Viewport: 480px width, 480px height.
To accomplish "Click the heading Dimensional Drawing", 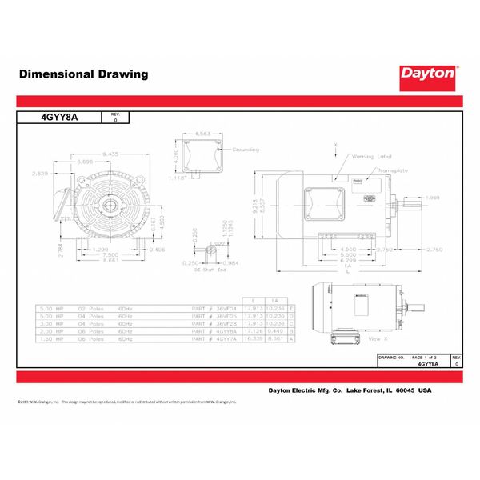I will pos(83,74).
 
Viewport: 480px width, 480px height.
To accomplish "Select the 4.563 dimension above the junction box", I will pos(203,134).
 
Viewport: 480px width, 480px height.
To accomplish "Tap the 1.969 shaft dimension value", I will pos(434,198).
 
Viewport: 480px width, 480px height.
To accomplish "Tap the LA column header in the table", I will pos(274,300).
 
